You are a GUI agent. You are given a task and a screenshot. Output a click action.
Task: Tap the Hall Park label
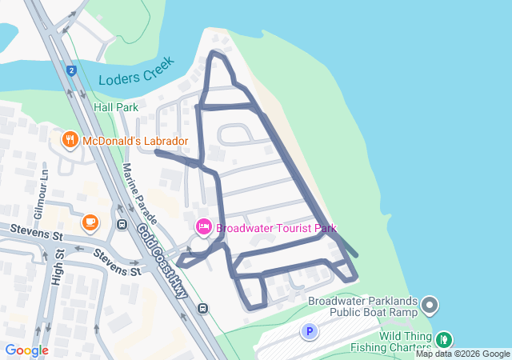point(116,107)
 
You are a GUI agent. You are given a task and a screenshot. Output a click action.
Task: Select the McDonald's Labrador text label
point(134,142)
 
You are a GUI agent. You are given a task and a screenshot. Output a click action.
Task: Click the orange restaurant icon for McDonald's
point(69,141)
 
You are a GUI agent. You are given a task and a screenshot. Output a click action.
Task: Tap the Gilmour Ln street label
point(45,196)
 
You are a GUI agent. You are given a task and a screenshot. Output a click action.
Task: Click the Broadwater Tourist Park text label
point(277,228)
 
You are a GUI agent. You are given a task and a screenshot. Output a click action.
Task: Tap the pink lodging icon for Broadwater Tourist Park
point(203,228)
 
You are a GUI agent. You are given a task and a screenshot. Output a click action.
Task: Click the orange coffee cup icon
point(90,221)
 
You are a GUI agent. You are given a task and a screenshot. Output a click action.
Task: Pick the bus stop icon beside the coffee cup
point(122,226)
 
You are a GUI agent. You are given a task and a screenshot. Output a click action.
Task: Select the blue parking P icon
point(309,331)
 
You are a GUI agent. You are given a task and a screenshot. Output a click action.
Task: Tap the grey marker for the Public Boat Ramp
point(430,305)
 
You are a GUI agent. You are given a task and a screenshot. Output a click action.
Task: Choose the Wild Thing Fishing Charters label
point(390,342)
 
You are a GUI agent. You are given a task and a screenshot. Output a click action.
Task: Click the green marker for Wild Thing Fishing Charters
point(443,340)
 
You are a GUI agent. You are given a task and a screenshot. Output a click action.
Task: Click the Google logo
point(26,350)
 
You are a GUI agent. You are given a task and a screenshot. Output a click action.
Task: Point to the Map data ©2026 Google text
point(462,354)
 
